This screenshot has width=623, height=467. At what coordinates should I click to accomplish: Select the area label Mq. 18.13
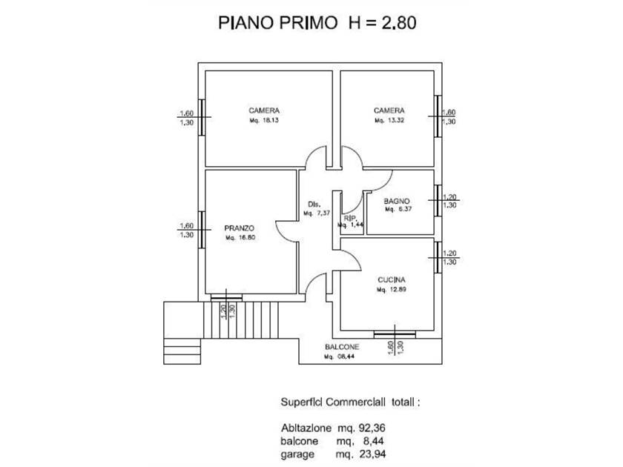point(265,120)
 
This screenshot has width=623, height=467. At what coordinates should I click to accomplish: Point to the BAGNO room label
point(398,201)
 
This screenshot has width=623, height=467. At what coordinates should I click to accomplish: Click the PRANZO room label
point(240,228)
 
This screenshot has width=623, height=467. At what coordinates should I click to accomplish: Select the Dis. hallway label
point(312,205)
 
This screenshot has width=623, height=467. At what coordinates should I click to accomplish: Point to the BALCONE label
point(342,348)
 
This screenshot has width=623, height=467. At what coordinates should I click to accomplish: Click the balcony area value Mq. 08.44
point(342,357)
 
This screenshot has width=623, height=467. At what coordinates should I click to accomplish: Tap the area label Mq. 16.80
point(240,239)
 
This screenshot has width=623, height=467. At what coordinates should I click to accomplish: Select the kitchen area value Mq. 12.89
point(390,290)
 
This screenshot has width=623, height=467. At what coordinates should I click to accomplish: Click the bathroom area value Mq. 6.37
point(398,210)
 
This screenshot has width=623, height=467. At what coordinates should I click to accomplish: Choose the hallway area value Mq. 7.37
point(317,214)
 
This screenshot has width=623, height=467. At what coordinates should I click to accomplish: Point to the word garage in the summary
point(298,454)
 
